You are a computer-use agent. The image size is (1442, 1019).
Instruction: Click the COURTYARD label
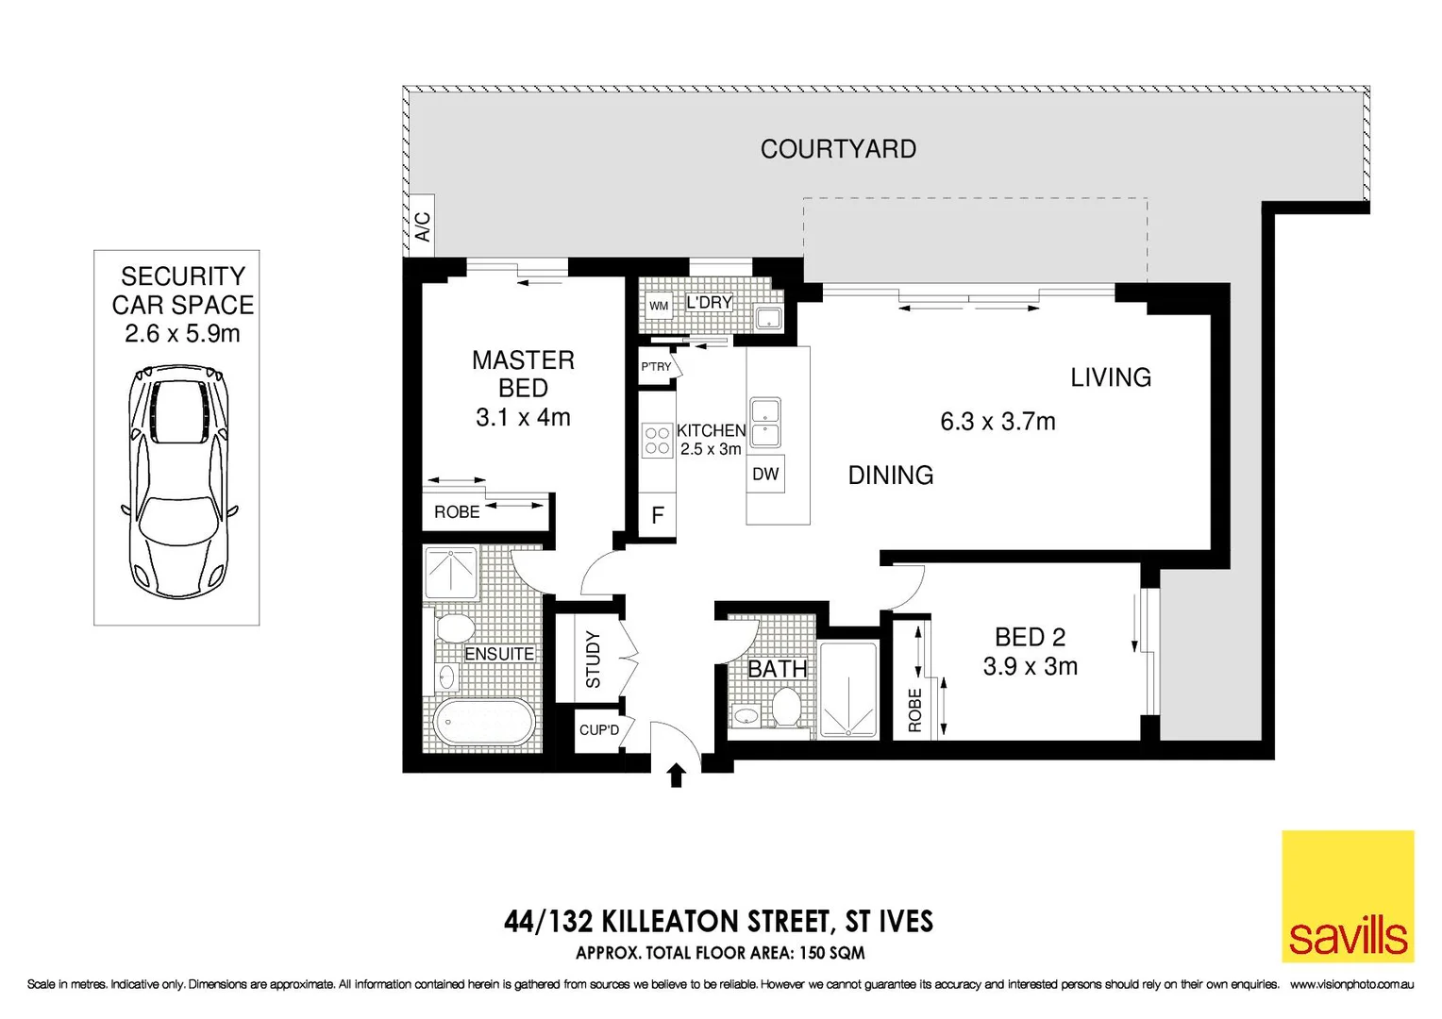coord(838,149)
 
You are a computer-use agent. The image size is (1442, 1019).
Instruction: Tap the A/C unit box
coord(422,226)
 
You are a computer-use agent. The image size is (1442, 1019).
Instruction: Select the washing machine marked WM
coord(659,306)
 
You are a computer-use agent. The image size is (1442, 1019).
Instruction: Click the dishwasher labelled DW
coord(765,474)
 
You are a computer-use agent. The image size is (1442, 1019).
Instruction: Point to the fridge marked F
coord(658,515)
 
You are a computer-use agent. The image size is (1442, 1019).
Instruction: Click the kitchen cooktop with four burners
coord(657,441)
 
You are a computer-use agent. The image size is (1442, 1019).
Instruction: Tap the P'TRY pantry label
coord(656,367)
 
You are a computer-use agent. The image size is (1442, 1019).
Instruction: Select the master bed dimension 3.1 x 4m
coord(523,417)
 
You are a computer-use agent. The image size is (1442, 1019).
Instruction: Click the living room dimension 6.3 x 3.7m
coord(998,422)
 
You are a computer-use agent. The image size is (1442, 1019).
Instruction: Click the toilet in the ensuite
coord(455,628)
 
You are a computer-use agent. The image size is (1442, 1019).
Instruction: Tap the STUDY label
coord(593,659)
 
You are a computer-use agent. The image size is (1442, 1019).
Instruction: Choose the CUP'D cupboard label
coord(599,730)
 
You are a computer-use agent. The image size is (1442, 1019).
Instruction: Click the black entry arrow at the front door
coord(676,776)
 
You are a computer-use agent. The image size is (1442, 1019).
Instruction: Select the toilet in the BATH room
coord(786,707)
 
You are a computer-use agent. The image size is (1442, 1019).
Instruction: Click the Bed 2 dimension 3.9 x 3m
coord(1030,666)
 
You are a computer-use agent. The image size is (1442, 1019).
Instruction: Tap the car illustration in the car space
coord(177,482)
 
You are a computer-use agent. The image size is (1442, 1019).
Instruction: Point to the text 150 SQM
coord(831,953)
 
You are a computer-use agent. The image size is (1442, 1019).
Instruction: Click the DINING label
coord(890,476)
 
